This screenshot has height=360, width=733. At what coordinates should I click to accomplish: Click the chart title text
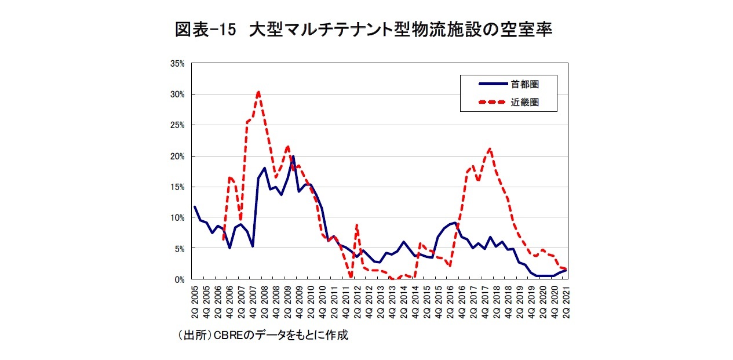363,30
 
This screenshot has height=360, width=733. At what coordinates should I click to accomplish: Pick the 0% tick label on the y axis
180,279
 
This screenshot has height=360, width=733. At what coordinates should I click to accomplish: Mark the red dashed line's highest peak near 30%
258,92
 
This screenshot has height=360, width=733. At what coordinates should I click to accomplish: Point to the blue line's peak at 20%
293,157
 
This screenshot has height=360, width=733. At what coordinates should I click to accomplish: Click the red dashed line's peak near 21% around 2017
490,149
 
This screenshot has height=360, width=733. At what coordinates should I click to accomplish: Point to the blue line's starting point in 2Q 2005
195,207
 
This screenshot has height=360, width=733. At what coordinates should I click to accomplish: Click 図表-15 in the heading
206,30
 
